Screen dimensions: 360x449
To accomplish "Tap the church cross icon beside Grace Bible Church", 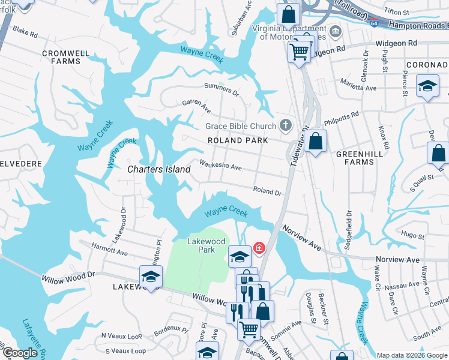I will click(x=286, y=125).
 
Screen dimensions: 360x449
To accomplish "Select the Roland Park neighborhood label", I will click(x=237, y=140).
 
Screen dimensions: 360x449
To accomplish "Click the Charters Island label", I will click(x=159, y=170).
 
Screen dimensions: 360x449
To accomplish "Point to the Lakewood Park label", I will click(x=206, y=245).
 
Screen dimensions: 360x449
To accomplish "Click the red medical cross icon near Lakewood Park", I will click(x=259, y=247).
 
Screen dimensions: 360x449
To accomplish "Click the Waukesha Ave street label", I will click(x=220, y=165).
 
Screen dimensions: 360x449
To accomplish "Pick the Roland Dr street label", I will click(x=267, y=191).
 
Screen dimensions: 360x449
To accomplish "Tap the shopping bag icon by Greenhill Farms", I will click(x=315, y=142).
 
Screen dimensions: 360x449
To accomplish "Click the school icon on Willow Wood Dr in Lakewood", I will click(x=151, y=277).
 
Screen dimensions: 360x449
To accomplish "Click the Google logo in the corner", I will click(x=20, y=353).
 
